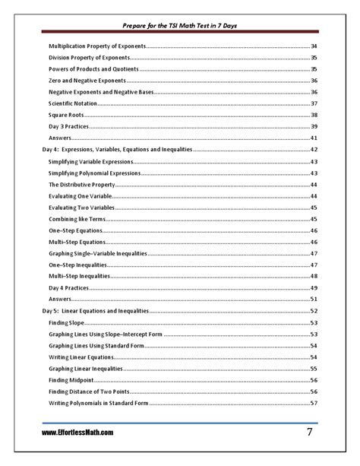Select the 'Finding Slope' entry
click(x=68, y=322)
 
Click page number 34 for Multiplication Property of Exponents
click(x=314, y=46)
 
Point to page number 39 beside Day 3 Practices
click(x=314, y=126)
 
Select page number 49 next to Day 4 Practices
click(x=314, y=288)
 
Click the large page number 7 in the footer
click(x=310, y=432)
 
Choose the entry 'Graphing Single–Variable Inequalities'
click(x=98, y=253)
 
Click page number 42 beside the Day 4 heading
click(x=314, y=151)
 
